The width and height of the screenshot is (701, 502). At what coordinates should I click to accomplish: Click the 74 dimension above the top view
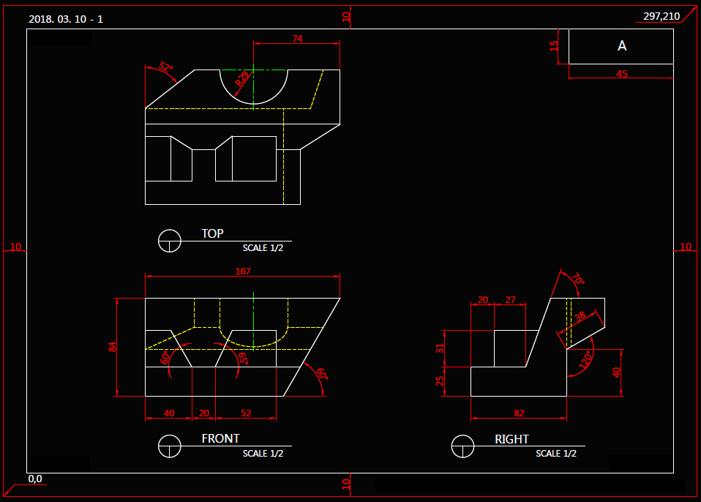296,39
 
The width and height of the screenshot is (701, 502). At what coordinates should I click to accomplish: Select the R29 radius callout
242,78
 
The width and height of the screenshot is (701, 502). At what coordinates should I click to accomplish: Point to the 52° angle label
167,68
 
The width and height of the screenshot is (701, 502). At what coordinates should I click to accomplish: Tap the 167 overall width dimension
243,271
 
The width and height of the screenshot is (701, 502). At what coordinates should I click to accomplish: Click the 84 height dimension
112,347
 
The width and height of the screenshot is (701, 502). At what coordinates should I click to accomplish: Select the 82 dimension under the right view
520,413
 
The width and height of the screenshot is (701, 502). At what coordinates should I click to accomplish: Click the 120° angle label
585,361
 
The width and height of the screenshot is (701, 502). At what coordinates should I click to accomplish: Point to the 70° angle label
578,279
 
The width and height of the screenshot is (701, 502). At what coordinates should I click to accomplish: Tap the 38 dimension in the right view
580,317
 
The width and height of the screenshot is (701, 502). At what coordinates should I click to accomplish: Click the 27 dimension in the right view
510,299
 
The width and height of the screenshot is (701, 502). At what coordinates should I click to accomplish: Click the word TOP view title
212,233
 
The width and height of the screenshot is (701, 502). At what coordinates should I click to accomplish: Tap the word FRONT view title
220,438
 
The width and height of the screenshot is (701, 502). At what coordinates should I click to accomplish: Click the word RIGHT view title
511,439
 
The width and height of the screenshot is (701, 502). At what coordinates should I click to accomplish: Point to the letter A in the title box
622,46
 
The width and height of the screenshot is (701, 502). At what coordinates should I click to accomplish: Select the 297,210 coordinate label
661,16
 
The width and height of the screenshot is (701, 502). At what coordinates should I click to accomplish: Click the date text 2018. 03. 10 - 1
66,19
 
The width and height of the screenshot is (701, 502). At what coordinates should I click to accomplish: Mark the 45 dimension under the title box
622,74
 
